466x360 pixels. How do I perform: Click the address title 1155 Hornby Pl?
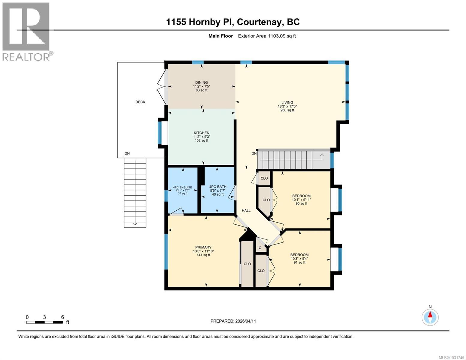tap(233, 22)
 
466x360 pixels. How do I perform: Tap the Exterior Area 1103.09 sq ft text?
tap(267, 36)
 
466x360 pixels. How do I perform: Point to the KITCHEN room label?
tap(201, 133)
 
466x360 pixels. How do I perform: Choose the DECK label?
tap(140, 102)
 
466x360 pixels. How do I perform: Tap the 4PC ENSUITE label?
tap(182, 187)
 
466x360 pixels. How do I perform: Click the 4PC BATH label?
tap(218, 187)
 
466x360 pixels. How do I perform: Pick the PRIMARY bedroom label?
tap(203, 247)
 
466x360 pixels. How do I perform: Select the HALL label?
tap(246, 211)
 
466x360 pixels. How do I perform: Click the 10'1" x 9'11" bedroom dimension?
tap(301, 200)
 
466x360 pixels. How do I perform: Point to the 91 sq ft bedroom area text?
tap(299, 262)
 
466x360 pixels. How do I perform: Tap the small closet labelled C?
tap(260, 248)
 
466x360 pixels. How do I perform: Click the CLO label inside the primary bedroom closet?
tap(247, 264)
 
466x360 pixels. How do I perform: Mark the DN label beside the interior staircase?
tap(254, 154)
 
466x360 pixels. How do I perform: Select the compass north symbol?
tap(430, 317)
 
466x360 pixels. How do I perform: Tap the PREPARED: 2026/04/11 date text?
tap(233, 321)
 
